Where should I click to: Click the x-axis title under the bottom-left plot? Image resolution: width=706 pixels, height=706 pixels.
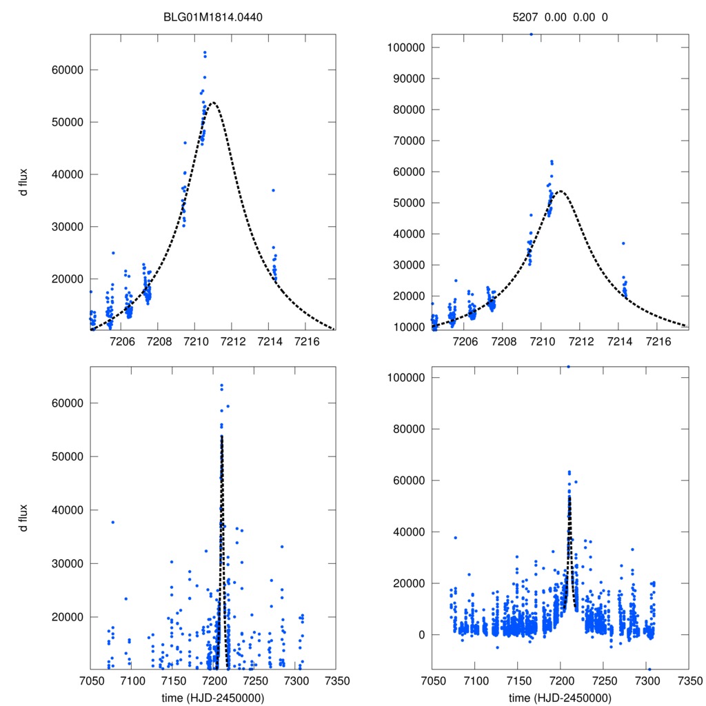[x=213, y=697]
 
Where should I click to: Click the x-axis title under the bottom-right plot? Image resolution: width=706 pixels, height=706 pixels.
[x=560, y=697]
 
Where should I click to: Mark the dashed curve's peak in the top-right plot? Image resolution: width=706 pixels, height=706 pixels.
[x=561, y=191]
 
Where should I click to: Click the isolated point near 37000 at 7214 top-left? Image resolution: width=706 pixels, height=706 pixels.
[x=273, y=190]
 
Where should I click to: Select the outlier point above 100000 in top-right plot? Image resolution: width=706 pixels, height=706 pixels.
[x=531, y=34]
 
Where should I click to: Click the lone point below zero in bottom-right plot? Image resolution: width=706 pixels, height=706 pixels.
[x=649, y=669]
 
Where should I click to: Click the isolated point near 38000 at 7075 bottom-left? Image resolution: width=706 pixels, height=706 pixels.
[x=112, y=522]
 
